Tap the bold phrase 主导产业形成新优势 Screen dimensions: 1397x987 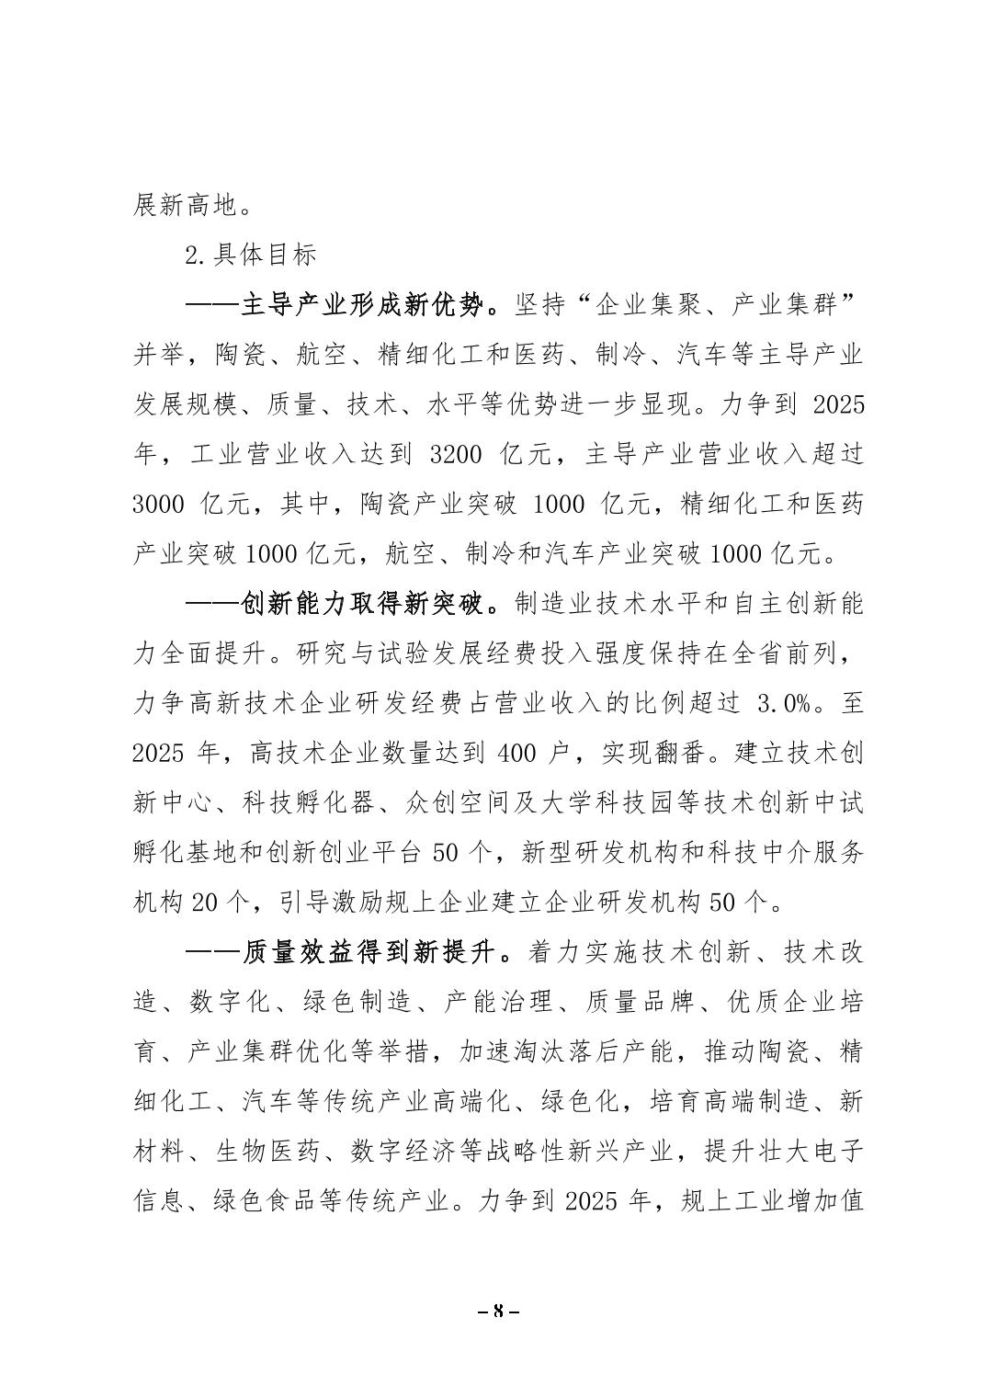point(361,305)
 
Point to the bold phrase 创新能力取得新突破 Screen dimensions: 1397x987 point(361,604)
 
